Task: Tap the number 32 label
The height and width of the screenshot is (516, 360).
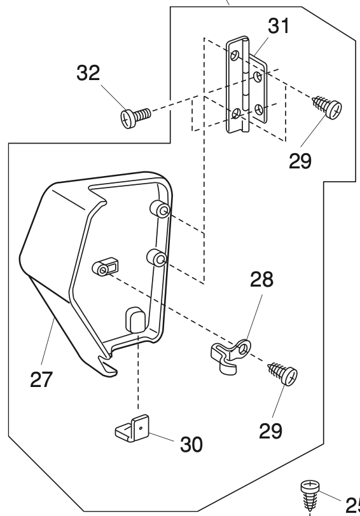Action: (88, 72)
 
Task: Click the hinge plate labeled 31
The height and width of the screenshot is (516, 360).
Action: (247, 85)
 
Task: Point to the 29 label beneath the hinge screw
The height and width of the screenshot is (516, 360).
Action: (300, 160)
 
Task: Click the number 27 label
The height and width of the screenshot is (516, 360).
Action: (41, 379)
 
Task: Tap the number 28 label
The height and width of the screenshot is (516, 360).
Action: (261, 280)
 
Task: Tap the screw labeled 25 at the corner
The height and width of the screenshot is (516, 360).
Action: (310, 494)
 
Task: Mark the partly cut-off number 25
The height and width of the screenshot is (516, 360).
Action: (352, 505)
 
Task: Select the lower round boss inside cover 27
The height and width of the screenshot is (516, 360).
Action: (155, 258)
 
